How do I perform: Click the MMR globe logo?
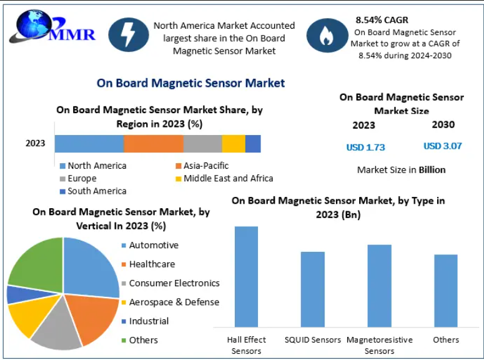point(52,27)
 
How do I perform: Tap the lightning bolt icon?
point(129,34)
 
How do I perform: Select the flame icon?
point(327,35)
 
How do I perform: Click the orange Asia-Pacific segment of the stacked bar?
point(154,144)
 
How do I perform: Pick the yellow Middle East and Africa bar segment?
point(234,144)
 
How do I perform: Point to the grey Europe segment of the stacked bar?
point(203,144)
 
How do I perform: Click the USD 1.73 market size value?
point(365,147)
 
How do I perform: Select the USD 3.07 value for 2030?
point(443,146)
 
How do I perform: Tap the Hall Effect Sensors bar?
point(246,277)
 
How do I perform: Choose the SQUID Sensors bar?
point(313,289)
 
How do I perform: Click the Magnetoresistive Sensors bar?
point(379,286)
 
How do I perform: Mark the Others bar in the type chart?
point(446,291)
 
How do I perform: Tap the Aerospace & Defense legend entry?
point(170,302)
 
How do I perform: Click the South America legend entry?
point(93,191)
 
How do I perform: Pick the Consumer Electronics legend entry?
point(170,283)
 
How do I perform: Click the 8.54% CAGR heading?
point(382,20)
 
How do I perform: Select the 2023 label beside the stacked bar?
point(35,143)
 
